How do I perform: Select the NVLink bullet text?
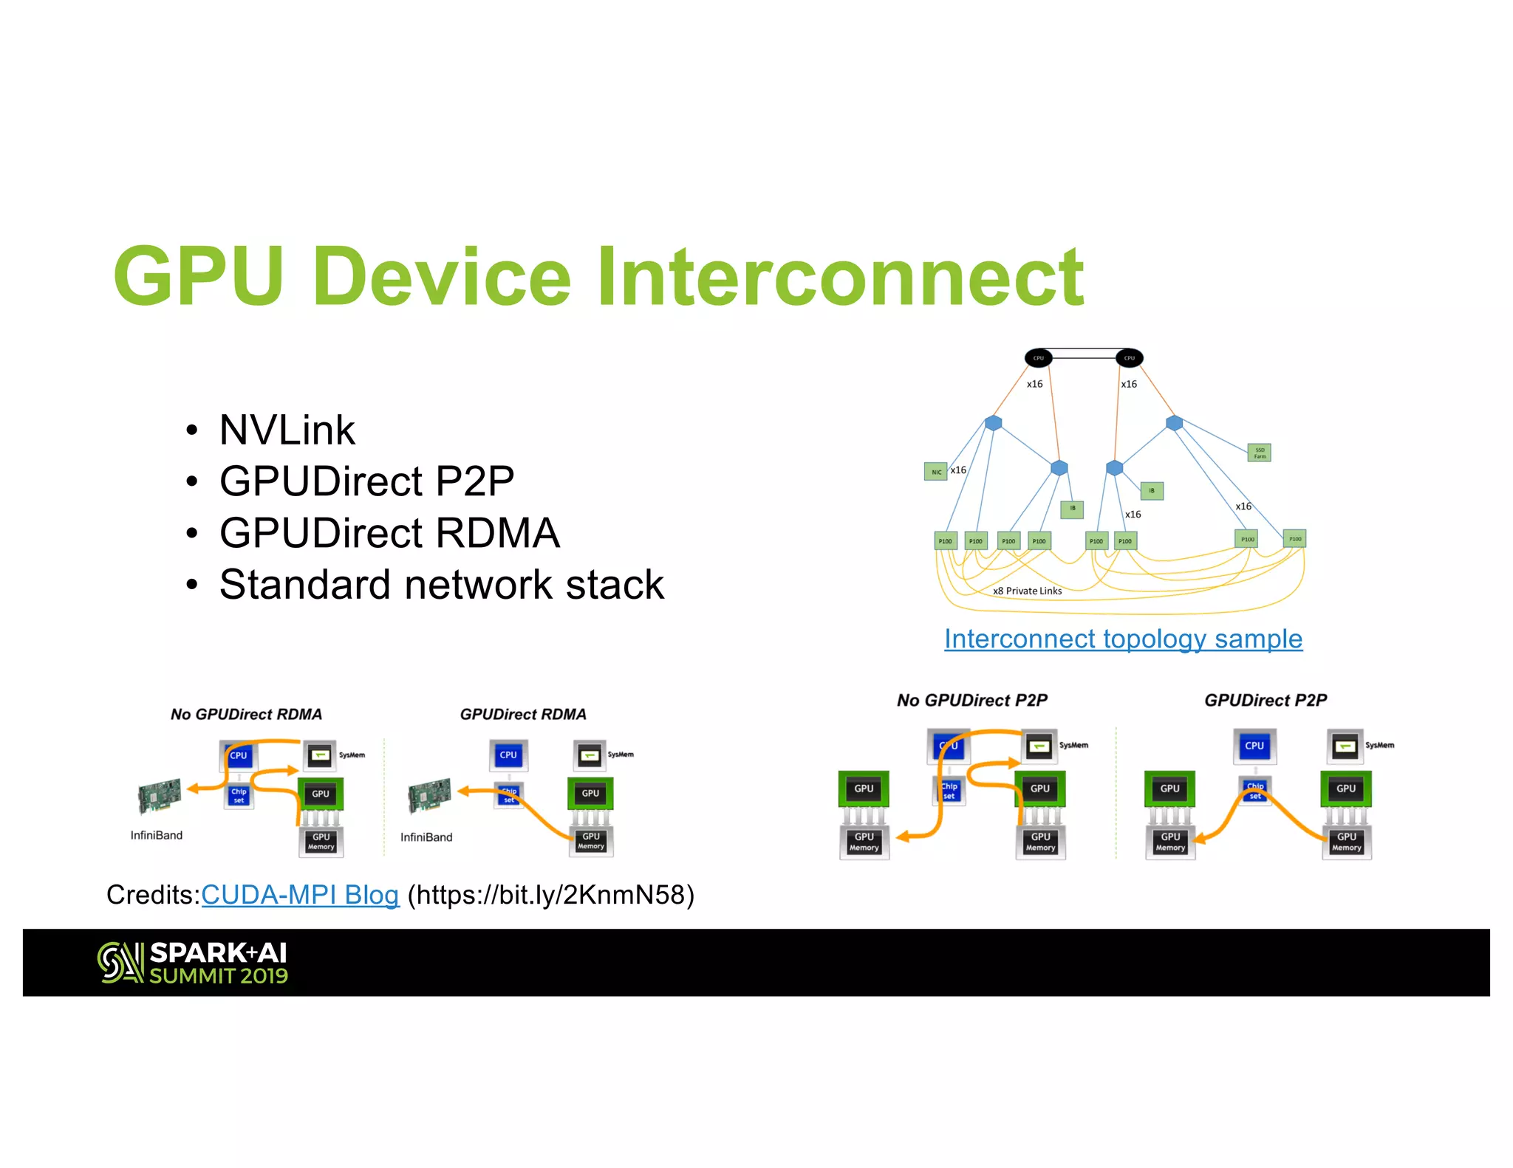tap(287, 430)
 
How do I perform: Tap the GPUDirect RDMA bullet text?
tap(389, 533)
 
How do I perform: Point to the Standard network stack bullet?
tap(441, 585)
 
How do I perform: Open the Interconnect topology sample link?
tap(1123, 639)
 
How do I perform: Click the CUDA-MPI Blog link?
tap(300, 895)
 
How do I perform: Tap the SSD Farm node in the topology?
tap(1259, 453)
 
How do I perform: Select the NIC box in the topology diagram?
tap(935, 472)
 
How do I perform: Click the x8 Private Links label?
tap(1027, 591)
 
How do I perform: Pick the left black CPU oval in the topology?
tap(1038, 358)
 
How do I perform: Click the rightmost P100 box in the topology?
tap(1294, 539)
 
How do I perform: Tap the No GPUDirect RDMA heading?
tap(246, 714)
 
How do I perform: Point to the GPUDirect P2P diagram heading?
tap(1265, 700)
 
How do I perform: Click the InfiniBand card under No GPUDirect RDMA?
tap(160, 795)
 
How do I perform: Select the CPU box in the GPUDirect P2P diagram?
tap(1254, 746)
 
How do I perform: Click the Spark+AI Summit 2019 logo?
tap(193, 963)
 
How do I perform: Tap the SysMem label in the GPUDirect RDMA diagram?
tap(621, 755)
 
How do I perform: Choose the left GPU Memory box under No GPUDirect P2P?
tap(864, 842)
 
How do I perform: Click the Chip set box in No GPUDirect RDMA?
tap(239, 795)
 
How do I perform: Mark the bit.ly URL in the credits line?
tap(550, 895)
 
